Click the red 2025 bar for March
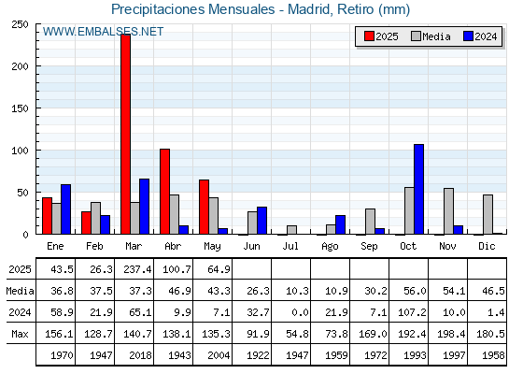126,135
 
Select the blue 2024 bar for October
419,189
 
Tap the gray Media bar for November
448,211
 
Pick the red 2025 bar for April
164,192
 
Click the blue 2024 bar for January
65,209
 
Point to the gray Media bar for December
488,215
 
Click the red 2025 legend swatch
369,36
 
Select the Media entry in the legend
431,36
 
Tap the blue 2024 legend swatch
468,36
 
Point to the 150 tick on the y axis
20,108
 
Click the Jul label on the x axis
290,247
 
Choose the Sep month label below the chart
369,247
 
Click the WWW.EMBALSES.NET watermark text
103,32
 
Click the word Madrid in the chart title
308,9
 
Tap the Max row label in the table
20,334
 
